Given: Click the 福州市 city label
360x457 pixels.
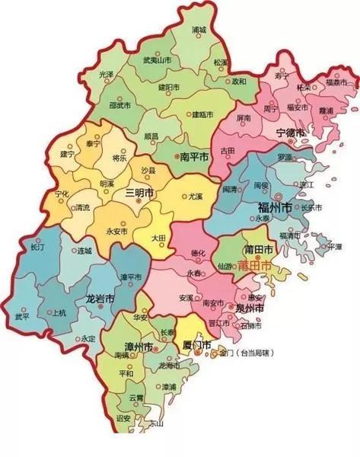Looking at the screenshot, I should (x=275, y=206).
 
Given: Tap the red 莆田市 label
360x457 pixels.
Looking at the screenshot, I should (x=253, y=267).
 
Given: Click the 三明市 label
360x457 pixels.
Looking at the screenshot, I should (x=139, y=193).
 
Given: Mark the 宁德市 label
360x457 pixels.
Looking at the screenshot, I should (x=290, y=133).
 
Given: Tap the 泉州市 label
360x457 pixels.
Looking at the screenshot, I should (x=248, y=308).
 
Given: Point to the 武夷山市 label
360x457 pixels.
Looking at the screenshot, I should (x=152, y=60).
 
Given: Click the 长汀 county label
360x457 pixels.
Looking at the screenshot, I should (x=37, y=248).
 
